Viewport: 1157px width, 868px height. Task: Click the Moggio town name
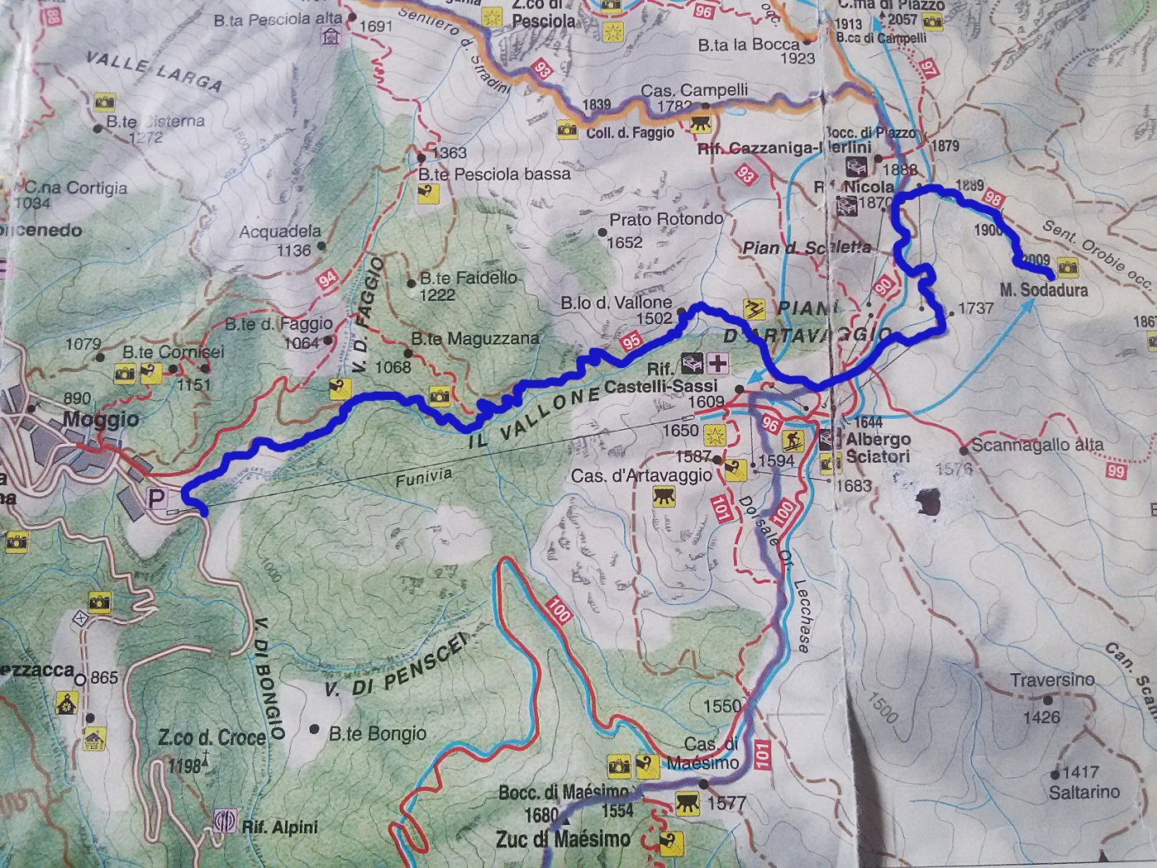coord(100,419)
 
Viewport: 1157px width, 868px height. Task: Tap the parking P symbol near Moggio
coord(155,498)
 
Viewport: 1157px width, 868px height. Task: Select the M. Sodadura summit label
coord(1043,290)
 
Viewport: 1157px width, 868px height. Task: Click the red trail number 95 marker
coord(631,341)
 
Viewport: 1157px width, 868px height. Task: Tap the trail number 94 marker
coord(328,279)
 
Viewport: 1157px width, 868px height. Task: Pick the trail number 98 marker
coord(993,198)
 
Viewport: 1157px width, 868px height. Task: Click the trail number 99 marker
coord(1117,471)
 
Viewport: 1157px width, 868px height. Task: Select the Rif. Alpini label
coord(279,827)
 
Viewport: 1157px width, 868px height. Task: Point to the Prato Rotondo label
coord(666,220)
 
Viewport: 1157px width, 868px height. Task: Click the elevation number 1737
coord(975,308)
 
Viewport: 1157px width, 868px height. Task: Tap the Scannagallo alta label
coord(1037,445)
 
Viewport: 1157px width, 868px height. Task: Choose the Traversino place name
coord(1052,680)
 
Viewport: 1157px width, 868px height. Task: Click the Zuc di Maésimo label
coord(563,840)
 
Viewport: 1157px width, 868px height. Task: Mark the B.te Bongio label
coord(378,733)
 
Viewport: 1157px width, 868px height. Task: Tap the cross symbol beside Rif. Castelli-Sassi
coord(718,362)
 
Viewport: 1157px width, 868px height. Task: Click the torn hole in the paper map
coord(929,502)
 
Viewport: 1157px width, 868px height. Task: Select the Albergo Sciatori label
coord(877,448)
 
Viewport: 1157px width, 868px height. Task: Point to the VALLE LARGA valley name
coord(155,71)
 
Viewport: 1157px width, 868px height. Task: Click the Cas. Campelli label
coord(694,90)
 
